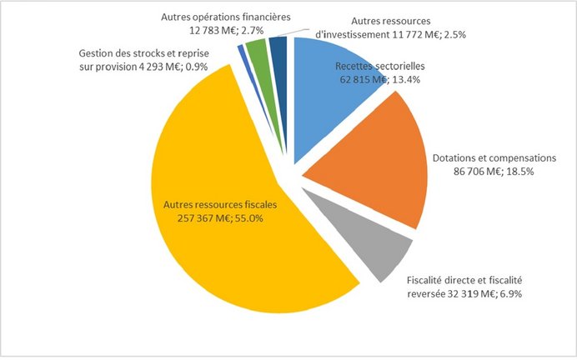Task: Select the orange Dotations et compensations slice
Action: click(x=367, y=158)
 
